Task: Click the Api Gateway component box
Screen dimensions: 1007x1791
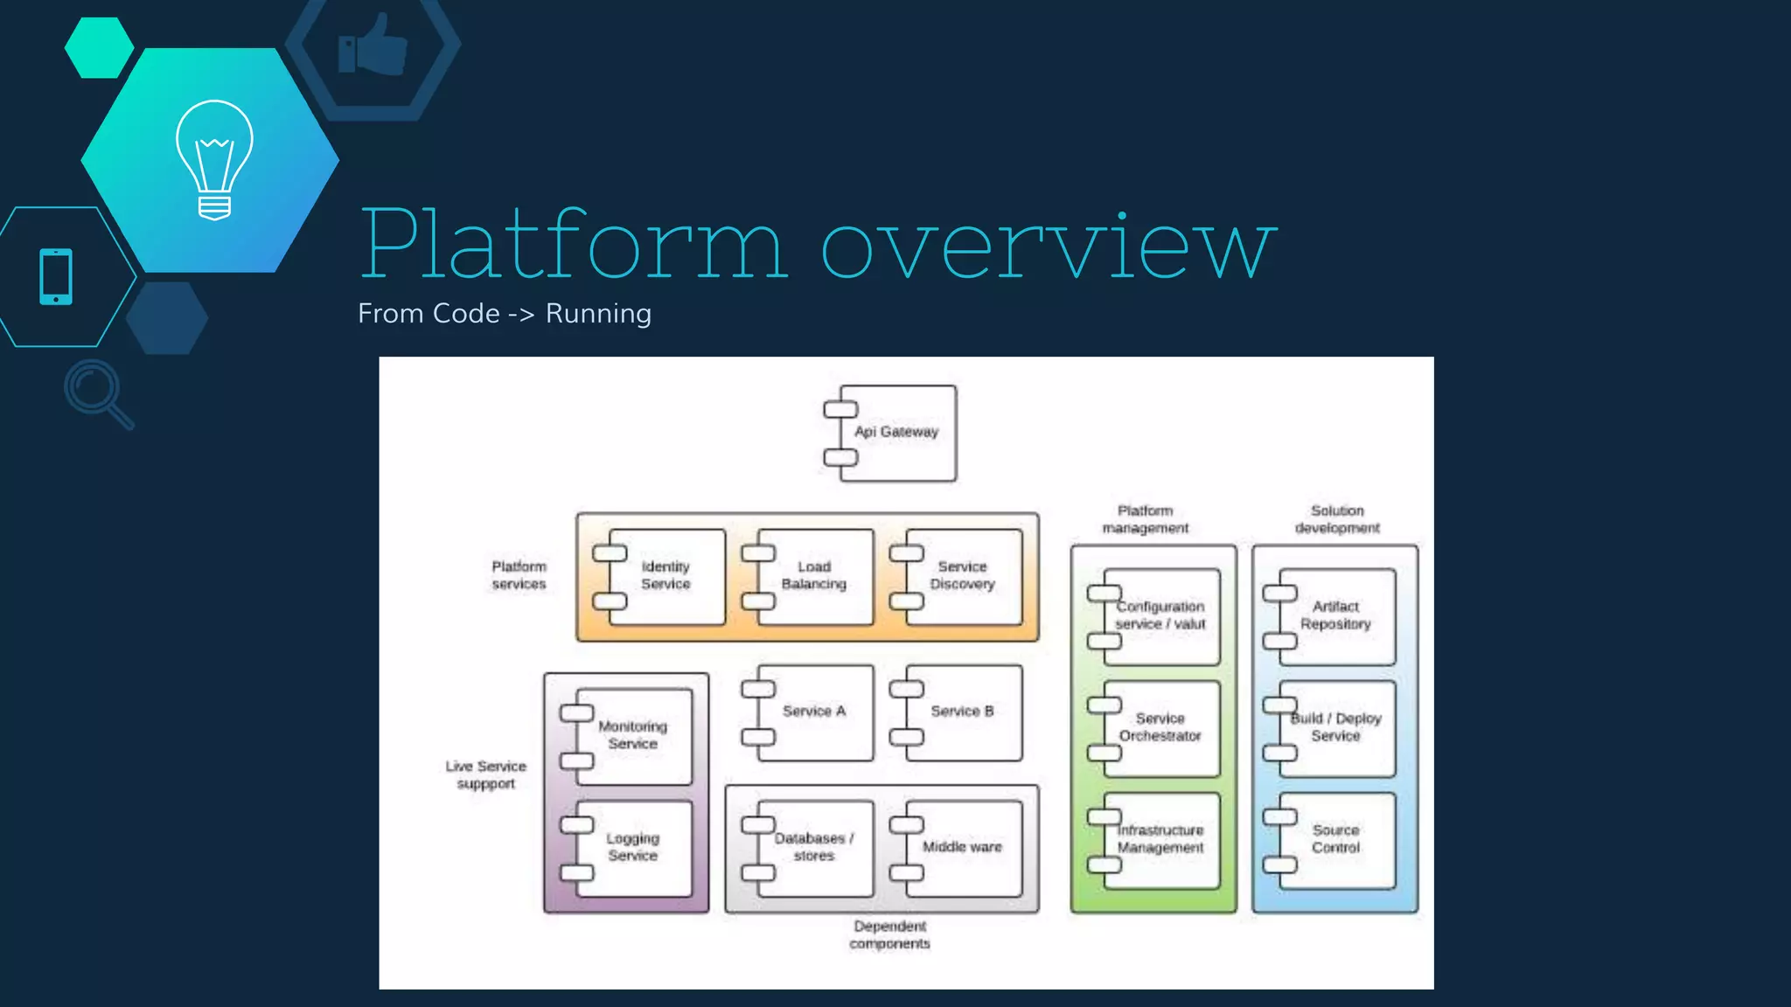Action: click(897, 433)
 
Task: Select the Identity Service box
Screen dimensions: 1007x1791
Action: click(666, 576)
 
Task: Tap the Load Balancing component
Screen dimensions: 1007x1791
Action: click(814, 576)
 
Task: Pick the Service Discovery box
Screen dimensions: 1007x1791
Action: click(963, 576)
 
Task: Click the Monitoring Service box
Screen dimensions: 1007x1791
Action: click(633, 735)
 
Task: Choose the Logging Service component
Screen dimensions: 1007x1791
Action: click(633, 847)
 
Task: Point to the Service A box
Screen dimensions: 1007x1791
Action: click(814, 712)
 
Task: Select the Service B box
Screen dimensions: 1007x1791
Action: click(963, 712)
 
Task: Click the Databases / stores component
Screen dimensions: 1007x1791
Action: click(814, 847)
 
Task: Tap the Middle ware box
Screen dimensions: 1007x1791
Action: click(963, 847)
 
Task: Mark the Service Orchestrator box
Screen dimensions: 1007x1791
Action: click(1160, 728)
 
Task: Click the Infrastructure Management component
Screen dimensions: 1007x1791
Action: click(1160, 840)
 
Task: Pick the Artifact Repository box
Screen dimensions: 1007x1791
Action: click(1336, 616)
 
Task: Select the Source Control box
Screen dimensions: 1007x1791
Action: click(1336, 840)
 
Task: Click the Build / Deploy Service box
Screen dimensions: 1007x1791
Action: click(1336, 728)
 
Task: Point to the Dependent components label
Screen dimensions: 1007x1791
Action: click(889, 935)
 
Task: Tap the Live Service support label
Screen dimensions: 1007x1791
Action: click(486, 775)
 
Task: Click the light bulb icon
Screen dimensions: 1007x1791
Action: click(214, 159)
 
